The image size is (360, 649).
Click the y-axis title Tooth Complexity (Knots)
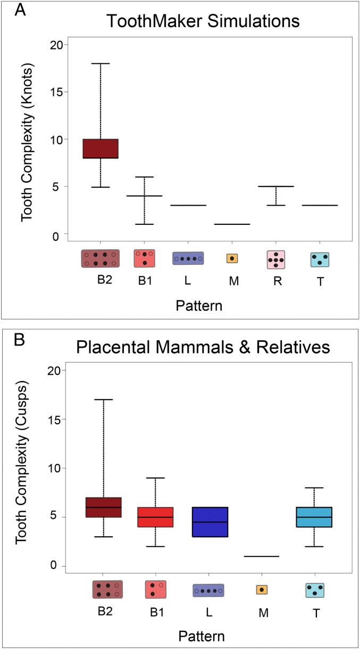[27, 139]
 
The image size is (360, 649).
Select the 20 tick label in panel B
[46, 370]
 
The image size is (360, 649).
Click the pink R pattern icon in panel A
[276, 259]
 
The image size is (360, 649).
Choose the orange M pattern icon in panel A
[232, 258]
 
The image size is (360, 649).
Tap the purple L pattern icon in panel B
[208, 590]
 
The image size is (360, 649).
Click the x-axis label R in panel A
[277, 281]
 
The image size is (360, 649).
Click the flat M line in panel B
[261, 557]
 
